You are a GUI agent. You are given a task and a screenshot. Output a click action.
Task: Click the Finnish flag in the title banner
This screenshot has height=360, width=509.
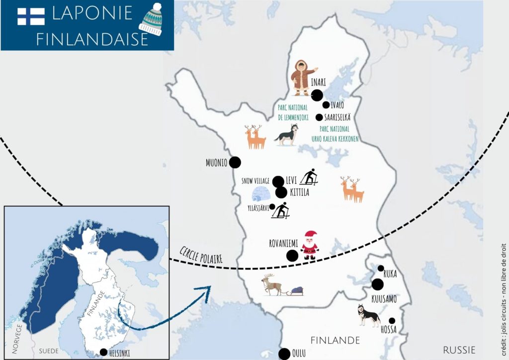[x=31, y=16]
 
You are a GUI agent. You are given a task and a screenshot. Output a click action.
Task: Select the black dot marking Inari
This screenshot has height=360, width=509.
[x=317, y=95]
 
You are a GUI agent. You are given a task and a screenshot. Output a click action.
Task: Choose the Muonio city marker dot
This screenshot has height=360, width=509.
[x=235, y=162]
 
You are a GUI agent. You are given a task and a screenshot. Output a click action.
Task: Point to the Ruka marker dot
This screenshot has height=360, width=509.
[x=381, y=269]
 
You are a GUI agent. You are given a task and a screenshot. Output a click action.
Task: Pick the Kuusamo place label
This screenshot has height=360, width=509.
[x=384, y=299]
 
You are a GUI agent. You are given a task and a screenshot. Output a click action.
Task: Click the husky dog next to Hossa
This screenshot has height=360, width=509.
[x=368, y=316]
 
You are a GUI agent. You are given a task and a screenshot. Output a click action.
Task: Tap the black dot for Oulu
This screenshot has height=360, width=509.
[x=284, y=354]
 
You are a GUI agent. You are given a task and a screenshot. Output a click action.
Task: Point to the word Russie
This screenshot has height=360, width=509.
[x=459, y=349]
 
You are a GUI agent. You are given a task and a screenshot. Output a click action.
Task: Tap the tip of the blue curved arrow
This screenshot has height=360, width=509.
[x=209, y=287]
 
